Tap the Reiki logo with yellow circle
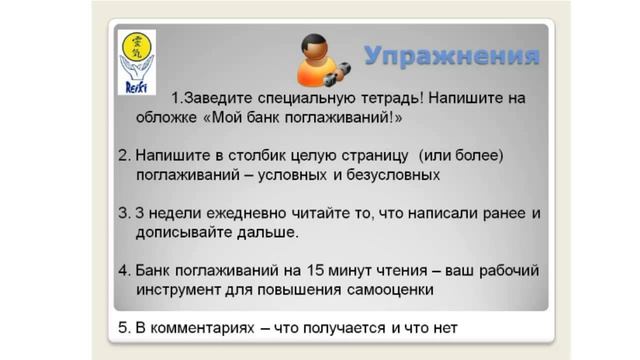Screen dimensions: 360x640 (x=136, y=60)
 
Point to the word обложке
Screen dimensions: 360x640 (x=169, y=117)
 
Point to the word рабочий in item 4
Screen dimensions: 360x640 (x=500, y=271)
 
